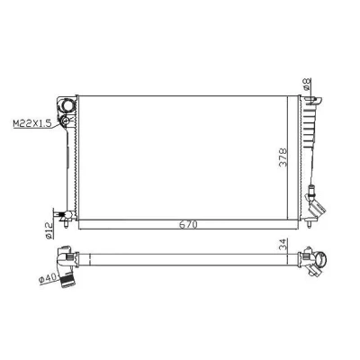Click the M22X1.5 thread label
tap(32, 123)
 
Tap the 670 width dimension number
tap(188, 225)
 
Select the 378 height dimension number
tap(283, 157)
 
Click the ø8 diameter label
tap(307, 84)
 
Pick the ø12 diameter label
tap(49, 230)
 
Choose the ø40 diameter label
tap(48, 279)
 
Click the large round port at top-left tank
tap(67, 105)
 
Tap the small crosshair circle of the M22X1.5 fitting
tap(66, 121)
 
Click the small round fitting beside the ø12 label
tap(68, 215)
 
